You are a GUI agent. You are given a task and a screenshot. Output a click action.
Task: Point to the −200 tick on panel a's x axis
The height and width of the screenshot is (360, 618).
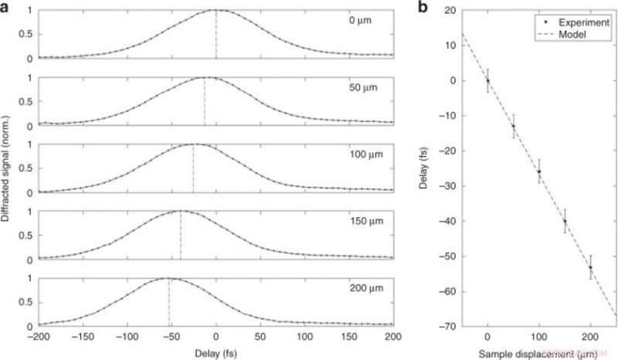(x=38, y=337)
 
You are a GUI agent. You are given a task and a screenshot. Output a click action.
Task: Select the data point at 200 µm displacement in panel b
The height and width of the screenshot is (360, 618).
(x=591, y=267)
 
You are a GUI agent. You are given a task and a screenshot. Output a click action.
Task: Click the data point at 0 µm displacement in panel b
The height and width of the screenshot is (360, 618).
(x=487, y=80)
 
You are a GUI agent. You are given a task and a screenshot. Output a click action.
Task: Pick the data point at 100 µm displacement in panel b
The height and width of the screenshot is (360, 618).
(x=539, y=172)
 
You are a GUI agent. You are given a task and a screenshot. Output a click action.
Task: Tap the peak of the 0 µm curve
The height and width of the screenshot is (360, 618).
(x=216, y=10)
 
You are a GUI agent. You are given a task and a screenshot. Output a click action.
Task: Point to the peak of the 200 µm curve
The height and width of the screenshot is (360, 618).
(x=168, y=278)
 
